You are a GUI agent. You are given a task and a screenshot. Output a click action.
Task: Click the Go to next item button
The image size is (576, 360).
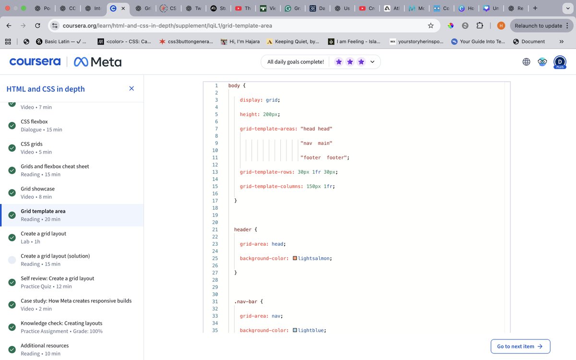pos(520,346)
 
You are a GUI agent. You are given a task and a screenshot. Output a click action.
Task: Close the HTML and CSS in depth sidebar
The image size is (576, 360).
pos(132,88)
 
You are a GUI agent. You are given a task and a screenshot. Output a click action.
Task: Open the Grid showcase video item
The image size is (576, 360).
pos(37,189)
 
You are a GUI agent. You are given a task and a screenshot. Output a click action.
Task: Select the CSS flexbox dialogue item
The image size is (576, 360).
pos(34,121)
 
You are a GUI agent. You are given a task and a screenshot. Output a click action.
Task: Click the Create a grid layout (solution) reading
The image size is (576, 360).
pos(55,256)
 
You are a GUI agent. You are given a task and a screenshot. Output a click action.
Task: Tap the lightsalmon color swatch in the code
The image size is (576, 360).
pos(295,258)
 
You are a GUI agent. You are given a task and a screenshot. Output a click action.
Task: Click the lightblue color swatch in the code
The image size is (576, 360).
pos(295,330)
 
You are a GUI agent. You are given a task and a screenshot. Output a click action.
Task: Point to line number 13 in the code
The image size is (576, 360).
pos(215,172)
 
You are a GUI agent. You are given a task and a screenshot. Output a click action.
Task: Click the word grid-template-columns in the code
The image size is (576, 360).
pos(270,186)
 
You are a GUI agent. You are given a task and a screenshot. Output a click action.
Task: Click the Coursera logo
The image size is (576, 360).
pos(35,61)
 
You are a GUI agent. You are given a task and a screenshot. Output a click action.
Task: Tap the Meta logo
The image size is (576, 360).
pos(97,62)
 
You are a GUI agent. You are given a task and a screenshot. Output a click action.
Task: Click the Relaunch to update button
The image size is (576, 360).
pos(538,25)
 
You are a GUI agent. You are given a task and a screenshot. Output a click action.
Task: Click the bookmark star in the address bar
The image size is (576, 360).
pos(431,25)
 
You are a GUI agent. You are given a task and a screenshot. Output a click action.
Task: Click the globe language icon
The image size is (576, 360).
pos(526,61)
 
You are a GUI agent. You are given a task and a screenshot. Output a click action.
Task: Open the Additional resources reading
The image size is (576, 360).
pos(45,346)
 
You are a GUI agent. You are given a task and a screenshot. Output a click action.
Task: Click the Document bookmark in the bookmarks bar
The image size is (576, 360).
pos(533,42)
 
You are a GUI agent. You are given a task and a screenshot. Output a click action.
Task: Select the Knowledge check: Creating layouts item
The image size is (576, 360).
pos(61,323)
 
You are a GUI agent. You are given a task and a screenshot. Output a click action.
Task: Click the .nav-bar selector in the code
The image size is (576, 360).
pos(248,301)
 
